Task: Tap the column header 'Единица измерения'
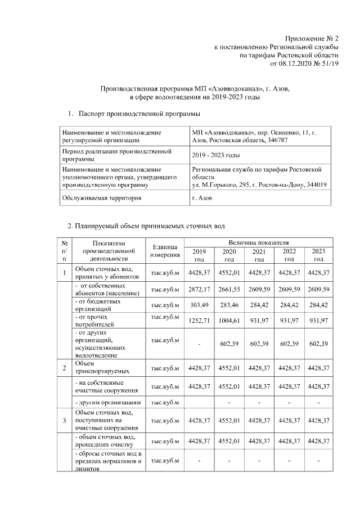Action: tap(165, 251)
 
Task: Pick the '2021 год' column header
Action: tap(259, 255)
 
